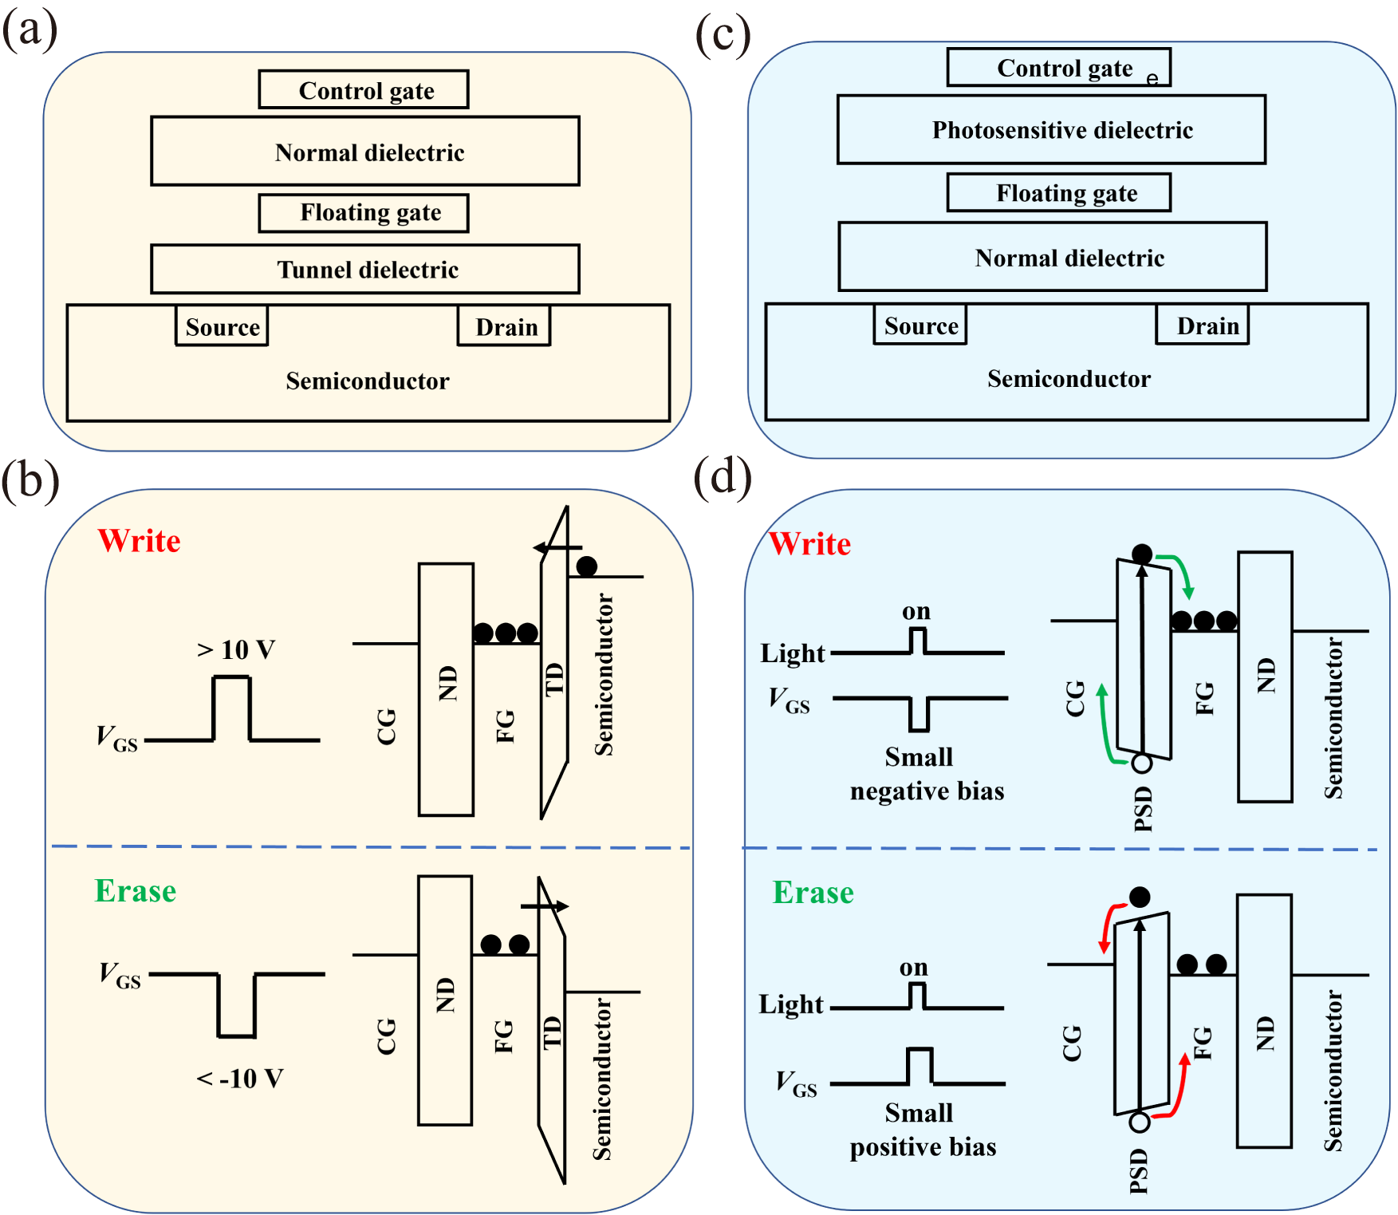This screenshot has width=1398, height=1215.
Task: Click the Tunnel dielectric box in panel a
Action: pos(365,270)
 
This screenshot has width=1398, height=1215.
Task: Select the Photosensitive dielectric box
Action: pos(1051,130)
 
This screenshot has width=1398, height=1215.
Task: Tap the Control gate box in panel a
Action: pos(364,90)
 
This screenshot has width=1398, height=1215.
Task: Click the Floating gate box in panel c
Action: pos(1058,193)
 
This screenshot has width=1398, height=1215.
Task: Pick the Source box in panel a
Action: pos(222,326)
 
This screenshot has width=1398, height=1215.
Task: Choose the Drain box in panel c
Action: pos(1202,325)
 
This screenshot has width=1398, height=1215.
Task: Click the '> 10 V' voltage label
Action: pos(236,649)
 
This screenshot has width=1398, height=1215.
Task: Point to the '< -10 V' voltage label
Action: pos(239,1079)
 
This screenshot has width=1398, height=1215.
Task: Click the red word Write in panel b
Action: pos(139,541)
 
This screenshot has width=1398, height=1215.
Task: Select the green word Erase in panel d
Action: pos(813,893)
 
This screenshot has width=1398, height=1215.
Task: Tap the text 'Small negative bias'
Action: pos(926,774)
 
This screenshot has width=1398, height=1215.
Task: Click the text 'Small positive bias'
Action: pos(923,1130)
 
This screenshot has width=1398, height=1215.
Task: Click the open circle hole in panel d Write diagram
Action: pos(1142,763)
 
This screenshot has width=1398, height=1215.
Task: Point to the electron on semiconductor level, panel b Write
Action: pos(587,566)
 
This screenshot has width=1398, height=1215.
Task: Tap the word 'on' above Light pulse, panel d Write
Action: pos(916,612)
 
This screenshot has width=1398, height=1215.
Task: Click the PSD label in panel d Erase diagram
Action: pos(1139,1170)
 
